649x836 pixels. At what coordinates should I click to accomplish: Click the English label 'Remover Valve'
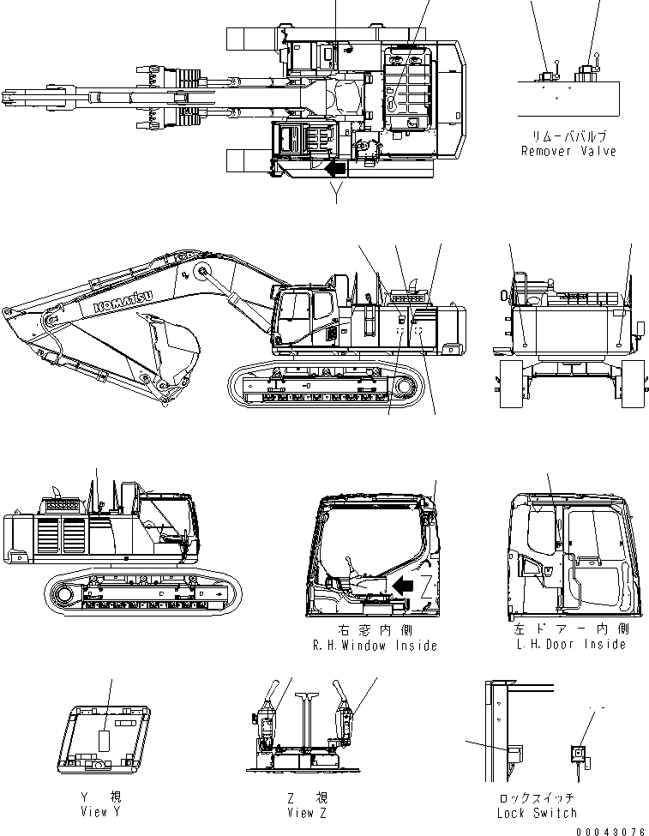click(568, 151)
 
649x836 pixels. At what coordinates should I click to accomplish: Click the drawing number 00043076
click(611, 830)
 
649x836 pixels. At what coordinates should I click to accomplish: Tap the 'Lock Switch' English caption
click(537, 812)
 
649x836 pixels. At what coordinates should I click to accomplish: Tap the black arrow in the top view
click(337, 168)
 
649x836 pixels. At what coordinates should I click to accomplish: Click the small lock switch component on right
click(579, 754)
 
